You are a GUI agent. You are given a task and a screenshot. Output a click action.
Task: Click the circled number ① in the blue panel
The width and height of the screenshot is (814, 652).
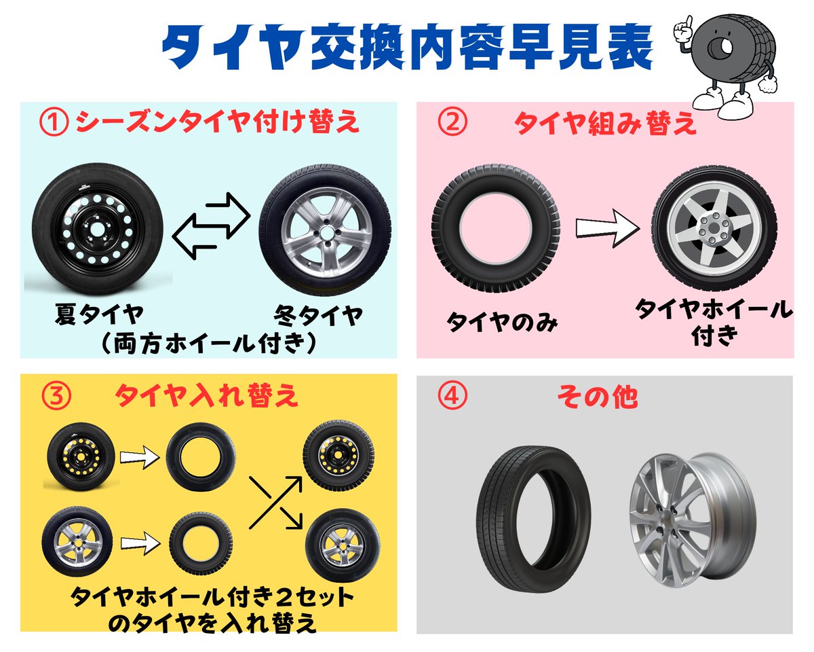tap(55, 124)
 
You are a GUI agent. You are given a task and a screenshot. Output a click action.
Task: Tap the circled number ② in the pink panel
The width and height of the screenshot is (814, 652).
tap(453, 124)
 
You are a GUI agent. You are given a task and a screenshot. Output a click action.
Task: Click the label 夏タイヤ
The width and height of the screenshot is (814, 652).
tap(99, 316)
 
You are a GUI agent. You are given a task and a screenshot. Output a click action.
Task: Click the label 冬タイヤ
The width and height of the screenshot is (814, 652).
tap(317, 316)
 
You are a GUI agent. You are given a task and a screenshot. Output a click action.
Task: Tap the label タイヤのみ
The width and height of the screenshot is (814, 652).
tap(502, 321)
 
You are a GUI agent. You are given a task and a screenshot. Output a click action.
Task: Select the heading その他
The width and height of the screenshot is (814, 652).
tap(597, 397)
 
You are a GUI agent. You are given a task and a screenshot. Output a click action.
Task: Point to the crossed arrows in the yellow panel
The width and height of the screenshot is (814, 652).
tap(275, 503)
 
